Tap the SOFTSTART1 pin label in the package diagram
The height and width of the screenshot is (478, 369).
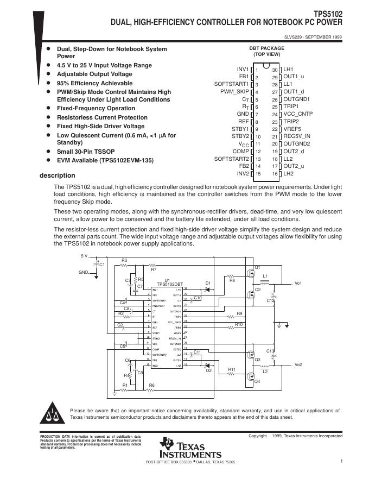pyautogui.click(x=231, y=85)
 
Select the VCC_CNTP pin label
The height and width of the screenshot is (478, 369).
pyautogui.click(x=298, y=115)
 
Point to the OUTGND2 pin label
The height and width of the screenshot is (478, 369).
pyautogui.click(x=297, y=144)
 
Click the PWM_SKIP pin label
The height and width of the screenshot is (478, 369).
pyautogui.click(x=234, y=92)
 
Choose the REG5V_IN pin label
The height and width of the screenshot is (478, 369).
pyautogui.click(x=297, y=136)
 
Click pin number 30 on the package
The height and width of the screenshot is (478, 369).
pyautogui.click(x=275, y=70)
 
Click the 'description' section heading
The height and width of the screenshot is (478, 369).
pyautogui.click(x=58, y=175)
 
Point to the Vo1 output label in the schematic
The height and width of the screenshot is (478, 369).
pyautogui.click(x=298, y=284)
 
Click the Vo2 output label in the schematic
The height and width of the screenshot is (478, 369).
pyautogui.click(x=298, y=364)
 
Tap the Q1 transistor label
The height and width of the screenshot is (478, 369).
pyautogui.click(x=258, y=267)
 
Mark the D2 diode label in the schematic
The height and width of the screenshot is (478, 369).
pyautogui.click(x=207, y=371)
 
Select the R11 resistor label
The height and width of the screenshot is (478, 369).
pyautogui.click(x=231, y=370)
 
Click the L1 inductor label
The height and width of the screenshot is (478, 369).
pyautogui.click(x=265, y=276)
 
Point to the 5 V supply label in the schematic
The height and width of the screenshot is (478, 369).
pyautogui.click(x=84, y=256)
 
